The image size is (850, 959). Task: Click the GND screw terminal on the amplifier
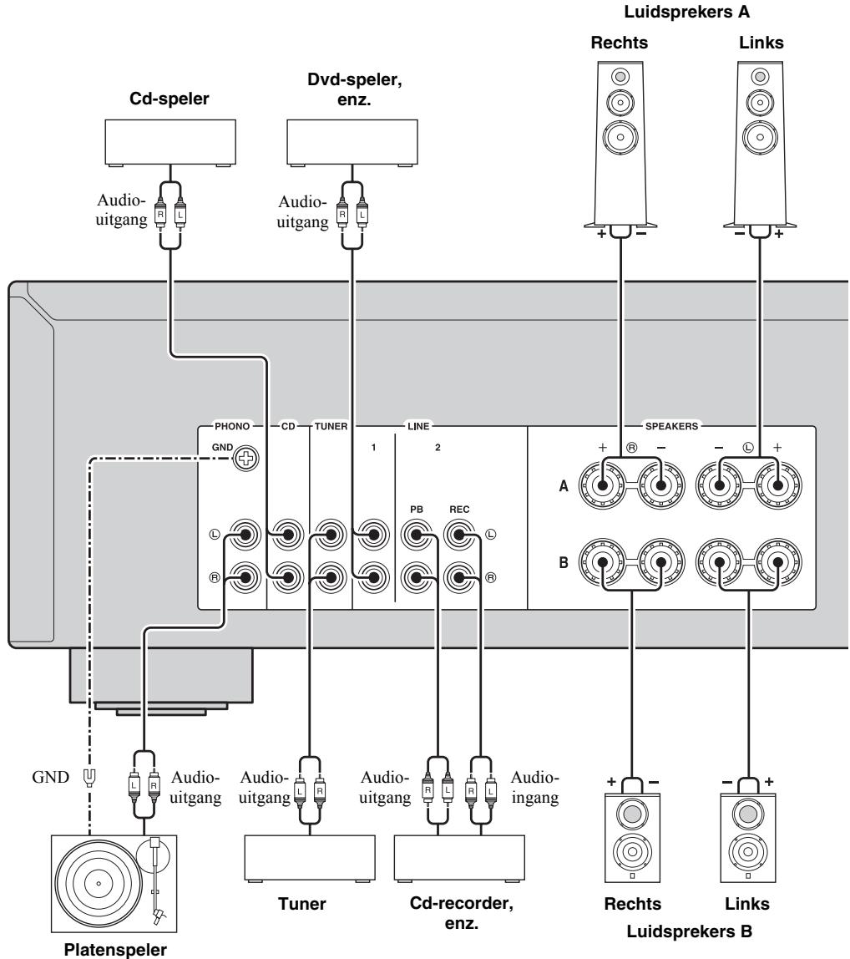click(x=245, y=458)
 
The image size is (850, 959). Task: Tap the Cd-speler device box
click(x=170, y=143)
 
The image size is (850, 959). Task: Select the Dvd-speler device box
click(x=352, y=143)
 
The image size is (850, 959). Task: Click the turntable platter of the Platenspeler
click(x=99, y=883)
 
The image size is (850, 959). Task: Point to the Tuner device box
click(x=310, y=858)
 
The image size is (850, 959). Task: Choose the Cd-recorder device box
click(x=459, y=858)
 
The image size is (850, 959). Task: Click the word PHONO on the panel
click(x=232, y=426)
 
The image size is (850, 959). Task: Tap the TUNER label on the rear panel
click(x=331, y=426)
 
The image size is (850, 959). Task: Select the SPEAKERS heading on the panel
click(x=671, y=426)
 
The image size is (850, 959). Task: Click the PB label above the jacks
click(x=417, y=510)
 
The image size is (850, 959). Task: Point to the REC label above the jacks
click(x=459, y=510)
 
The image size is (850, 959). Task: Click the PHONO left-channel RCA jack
click(x=245, y=535)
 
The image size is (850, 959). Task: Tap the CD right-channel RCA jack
click(x=287, y=577)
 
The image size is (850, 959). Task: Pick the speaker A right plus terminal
click(x=602, y=485)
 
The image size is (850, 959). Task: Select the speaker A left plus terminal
click(x=777, y=485)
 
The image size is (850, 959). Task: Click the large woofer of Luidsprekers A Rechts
click(x=620, y=137)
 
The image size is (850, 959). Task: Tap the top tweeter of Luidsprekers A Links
click(x=760, y=77)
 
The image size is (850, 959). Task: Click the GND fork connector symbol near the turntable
click(x=89, y=778)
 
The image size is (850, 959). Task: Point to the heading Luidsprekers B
click(x=689, y=931)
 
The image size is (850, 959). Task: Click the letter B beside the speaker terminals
click(x=564, y=562)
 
